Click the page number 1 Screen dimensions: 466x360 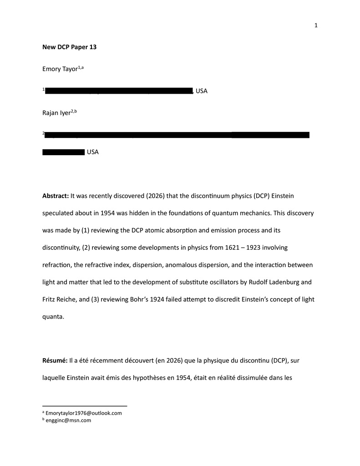click(315, 25)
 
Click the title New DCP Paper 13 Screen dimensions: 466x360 click(69, 47)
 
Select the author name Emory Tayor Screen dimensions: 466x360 click(60, 69)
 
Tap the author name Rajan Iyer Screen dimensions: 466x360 click(56, 113)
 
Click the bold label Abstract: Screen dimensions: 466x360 click(56, 196)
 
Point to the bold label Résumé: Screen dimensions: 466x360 click(55, 361)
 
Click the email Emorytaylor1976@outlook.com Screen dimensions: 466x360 click(84, 413)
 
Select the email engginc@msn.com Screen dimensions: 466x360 click(68, 420)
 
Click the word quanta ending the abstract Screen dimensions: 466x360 click(53, 317)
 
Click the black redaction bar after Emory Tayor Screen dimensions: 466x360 click(119, 91)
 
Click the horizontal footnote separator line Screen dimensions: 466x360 click(85, 405)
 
